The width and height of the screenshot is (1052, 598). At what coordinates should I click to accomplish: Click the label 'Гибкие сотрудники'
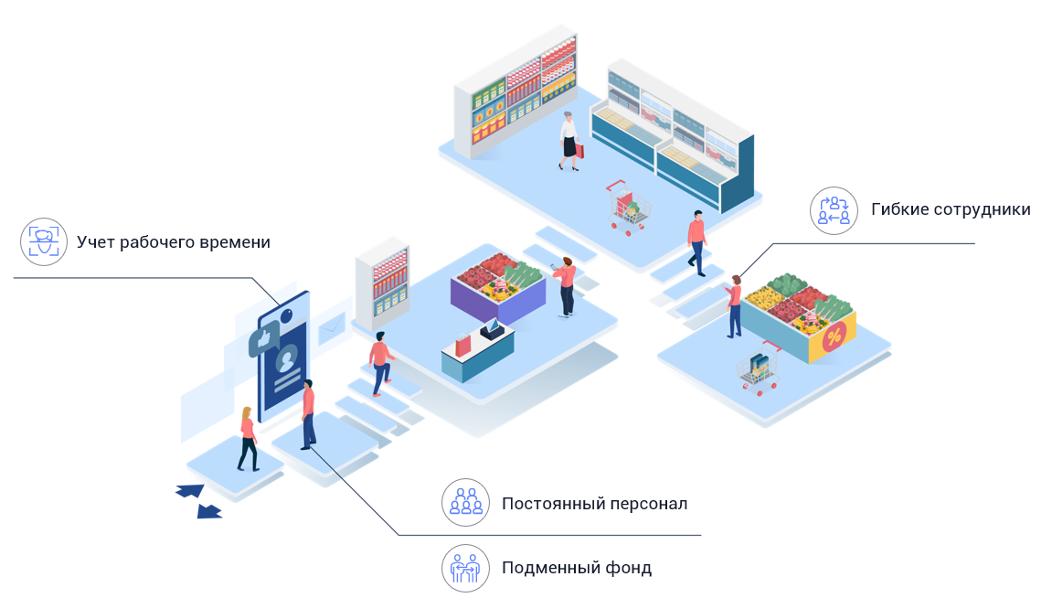[x=951, y=209]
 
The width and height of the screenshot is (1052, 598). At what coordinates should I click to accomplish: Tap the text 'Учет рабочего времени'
[x=174, y=242]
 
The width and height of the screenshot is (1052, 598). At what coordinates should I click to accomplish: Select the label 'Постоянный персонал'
[x=594, y=504]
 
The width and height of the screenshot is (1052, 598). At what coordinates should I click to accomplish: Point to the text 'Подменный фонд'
[x=576, y=568]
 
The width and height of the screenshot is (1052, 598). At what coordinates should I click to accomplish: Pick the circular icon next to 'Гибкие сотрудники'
[x=834, y=210]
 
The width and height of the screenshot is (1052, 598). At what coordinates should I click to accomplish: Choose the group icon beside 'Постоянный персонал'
[x=465, y=503]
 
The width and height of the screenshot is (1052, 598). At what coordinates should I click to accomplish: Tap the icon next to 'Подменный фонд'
[x=465, y=568]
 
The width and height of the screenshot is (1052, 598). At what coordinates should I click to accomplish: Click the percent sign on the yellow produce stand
[x=833, y=337]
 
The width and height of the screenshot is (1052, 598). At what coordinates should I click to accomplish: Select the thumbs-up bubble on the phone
[x=262, y=341]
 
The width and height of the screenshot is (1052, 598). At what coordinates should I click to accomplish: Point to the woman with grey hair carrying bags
[x=569, y=141]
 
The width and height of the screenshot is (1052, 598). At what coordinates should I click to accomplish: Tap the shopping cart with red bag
[x=627, y=208]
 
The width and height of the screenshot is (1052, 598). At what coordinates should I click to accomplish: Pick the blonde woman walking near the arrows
[x=247, y=439]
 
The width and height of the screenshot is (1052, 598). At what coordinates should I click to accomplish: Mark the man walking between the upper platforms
[x=696, y=242]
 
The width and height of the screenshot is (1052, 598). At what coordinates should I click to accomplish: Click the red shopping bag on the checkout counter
[x=463, y=346]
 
